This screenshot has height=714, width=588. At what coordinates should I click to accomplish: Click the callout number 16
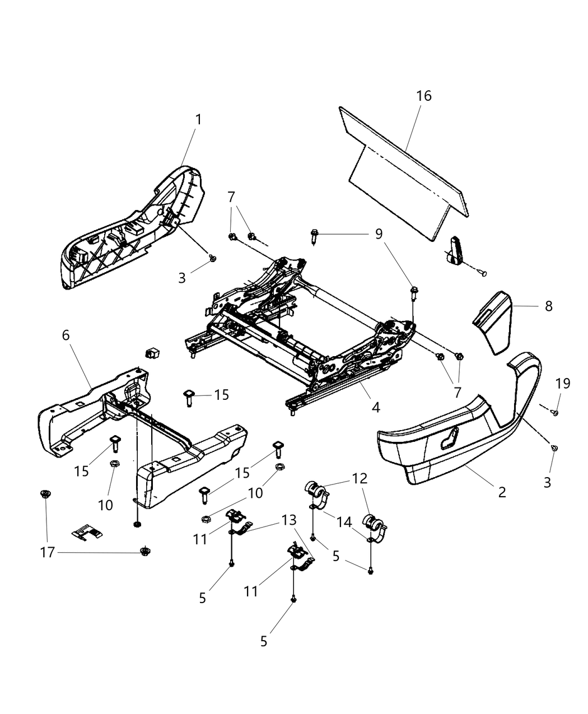point(424,96)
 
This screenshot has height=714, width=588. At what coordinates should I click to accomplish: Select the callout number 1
point(198,119)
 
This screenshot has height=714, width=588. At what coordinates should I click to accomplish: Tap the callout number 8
point(548,306)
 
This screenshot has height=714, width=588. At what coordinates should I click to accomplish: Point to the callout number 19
point(563,384)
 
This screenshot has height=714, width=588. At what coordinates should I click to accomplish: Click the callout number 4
point(375,407)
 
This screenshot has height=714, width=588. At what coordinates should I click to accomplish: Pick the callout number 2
point(502,492)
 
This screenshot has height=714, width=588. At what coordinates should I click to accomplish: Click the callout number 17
point(48,552)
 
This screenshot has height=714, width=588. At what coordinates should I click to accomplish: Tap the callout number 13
point(288,520)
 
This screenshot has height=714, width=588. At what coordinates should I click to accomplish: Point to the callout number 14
point(344,522)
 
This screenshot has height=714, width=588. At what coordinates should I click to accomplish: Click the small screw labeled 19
point(557,413)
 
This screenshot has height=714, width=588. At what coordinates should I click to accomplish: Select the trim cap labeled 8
point(493,322)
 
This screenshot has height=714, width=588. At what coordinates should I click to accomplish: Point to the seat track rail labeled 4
point(336,386)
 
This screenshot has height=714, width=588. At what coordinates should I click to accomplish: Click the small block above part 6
point(152,352)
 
